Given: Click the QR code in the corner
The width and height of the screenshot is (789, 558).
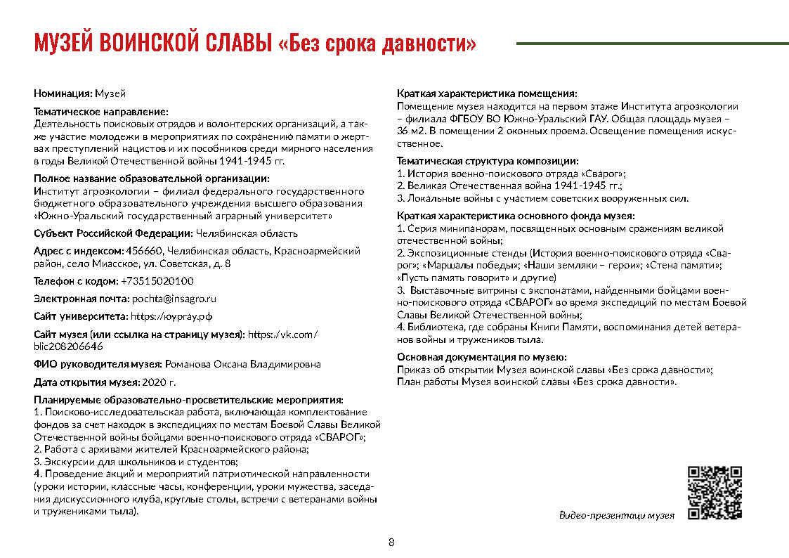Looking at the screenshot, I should click(x=715, y=492).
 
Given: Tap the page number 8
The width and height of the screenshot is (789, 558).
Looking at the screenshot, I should click(x=391, y=542).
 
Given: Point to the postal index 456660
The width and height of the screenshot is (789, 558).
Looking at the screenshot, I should click(x=144, y=251).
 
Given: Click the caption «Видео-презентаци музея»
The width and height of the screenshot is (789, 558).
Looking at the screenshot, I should click(x=616, y=515).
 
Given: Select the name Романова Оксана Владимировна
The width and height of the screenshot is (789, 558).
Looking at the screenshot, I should click(x=242, y=364).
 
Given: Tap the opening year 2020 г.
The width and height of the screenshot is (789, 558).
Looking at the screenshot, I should click(x=159, y=382).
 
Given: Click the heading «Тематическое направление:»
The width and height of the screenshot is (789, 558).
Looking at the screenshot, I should click(x=101, y=111).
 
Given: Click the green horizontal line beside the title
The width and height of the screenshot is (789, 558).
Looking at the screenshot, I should click(x=652, y=44).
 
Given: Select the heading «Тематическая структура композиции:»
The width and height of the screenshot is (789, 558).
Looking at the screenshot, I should click(x=488, y=162).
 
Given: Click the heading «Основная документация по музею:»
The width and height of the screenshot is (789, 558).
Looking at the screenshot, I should click(x=481, y=357).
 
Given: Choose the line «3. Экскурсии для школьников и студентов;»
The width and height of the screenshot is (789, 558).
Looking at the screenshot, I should click(x=136, y=462).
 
